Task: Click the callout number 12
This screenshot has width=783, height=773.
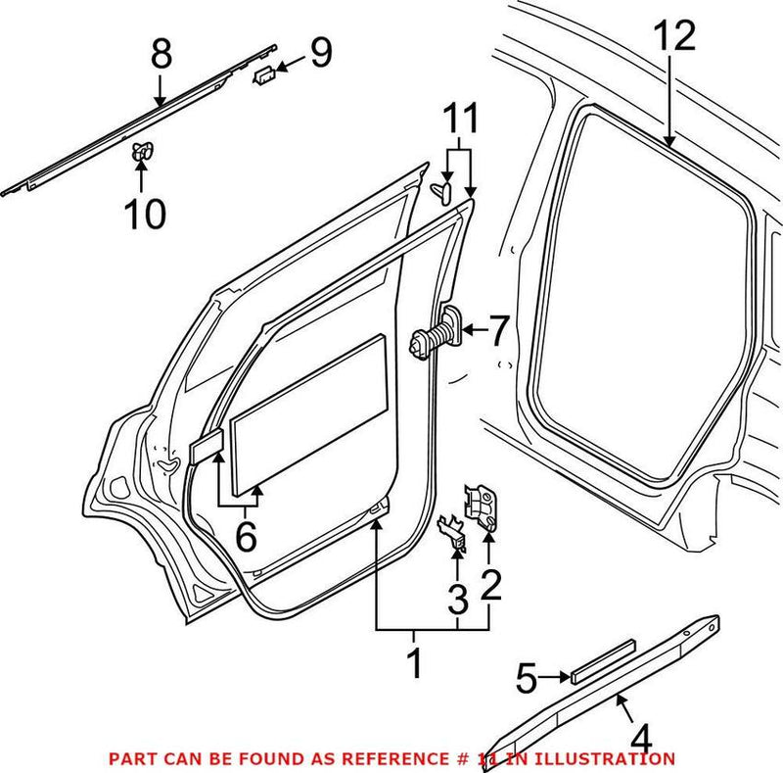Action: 674,36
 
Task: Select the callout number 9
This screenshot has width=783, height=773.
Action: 320,52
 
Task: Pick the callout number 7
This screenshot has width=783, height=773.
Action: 499,331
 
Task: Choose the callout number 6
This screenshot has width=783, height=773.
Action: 245,535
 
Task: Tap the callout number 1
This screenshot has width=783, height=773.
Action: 414,663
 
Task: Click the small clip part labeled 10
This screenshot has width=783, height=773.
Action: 143,151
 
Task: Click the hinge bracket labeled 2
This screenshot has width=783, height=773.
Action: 483,506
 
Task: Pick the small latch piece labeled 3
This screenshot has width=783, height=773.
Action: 451,529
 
